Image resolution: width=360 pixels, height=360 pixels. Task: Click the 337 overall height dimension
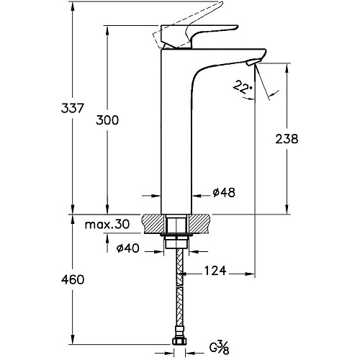pyautogui.click(x=72, y=108)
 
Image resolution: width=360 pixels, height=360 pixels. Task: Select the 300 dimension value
pyautogui.click(x=107, y=120)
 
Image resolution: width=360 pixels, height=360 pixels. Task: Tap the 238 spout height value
pyautogui.click(x=287, y=139)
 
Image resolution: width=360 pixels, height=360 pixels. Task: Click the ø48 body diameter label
pyautogui.click(x=224, y=192)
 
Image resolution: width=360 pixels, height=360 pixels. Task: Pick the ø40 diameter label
pyautogui.click(x=127, y=248)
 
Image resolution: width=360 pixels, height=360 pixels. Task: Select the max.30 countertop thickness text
pyautogui.click(x=107, y=225)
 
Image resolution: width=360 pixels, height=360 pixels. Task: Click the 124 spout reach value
pyautogui.click(x=215, y=271)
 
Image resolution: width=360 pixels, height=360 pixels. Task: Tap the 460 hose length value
pyautogui.click(x=73, y=280)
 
